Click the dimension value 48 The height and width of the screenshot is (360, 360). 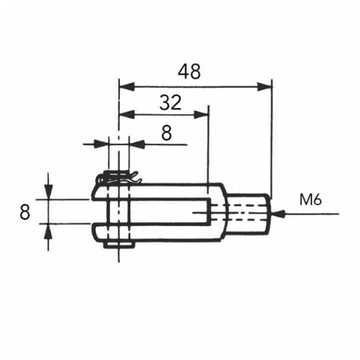coord(189,72)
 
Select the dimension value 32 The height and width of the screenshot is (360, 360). coord(170,103)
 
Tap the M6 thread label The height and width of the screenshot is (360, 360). coord(310,200)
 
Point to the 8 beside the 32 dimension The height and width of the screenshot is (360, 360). coord(166,133)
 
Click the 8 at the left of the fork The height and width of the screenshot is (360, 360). coord(25,212)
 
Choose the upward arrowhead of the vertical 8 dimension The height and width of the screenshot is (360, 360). coord(48,231)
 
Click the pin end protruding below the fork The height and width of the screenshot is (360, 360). coord(120,244)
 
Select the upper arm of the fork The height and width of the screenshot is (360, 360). coord(160,191)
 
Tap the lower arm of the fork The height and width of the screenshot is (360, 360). coord(160,232)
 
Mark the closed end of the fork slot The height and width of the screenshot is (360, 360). coord(207,211)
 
